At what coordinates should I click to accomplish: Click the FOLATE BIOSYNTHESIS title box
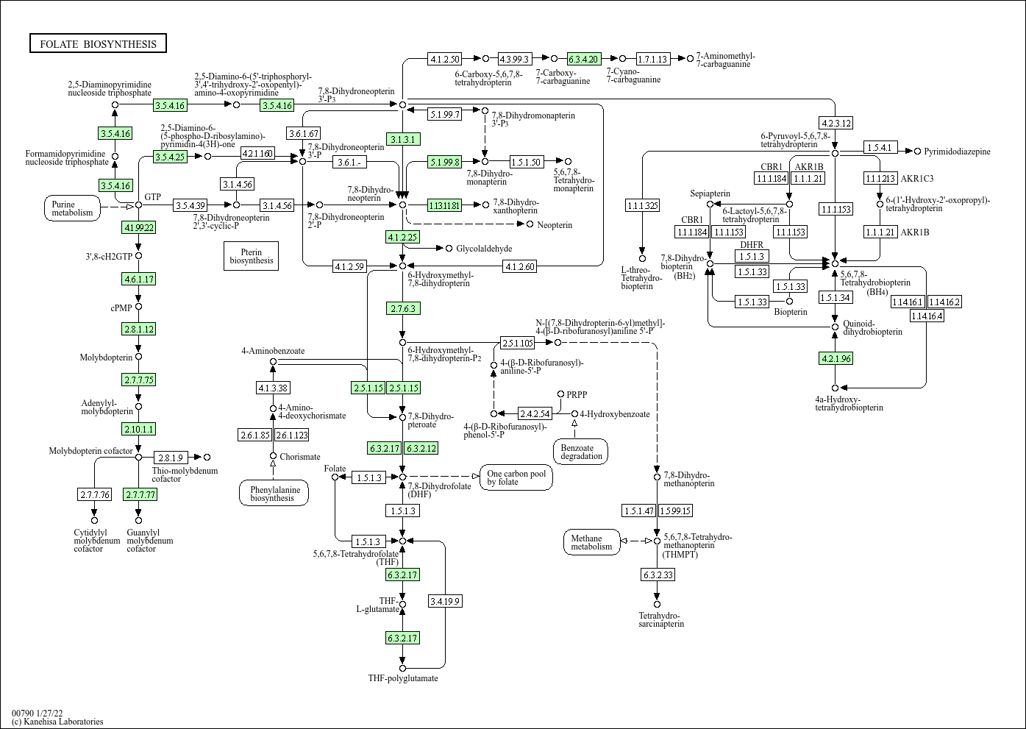(x=98, y=44)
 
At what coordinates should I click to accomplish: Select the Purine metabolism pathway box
(x=73, y=208)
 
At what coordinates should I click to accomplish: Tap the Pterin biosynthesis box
(x=251, y=255)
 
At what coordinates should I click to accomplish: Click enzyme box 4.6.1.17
(x=138, y=280)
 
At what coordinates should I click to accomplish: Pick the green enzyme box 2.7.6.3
(x=402, y=308)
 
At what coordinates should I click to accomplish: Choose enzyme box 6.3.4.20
(x=584, y=59)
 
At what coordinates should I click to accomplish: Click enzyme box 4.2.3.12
(x=835, y=123)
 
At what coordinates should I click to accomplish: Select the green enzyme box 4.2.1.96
(x=835, y=358)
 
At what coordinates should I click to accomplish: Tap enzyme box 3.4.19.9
(x=445, y=601)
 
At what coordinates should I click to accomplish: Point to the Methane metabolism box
(x=591, y=542)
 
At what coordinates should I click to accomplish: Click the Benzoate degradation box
(x=581, y=452)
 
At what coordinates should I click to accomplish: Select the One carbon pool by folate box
(x=516, y=478)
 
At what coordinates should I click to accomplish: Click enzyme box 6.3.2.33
(x=657, y=575)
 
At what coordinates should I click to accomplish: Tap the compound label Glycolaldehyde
(x=483, y=249)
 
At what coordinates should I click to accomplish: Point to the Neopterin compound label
(x=554, y=224)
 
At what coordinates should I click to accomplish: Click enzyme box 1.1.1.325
(x=642, y=205)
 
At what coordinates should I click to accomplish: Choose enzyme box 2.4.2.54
(x=535, y=413)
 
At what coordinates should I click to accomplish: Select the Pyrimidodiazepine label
(x=957, y=152)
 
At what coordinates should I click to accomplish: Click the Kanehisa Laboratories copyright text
(x=57, y=722)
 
